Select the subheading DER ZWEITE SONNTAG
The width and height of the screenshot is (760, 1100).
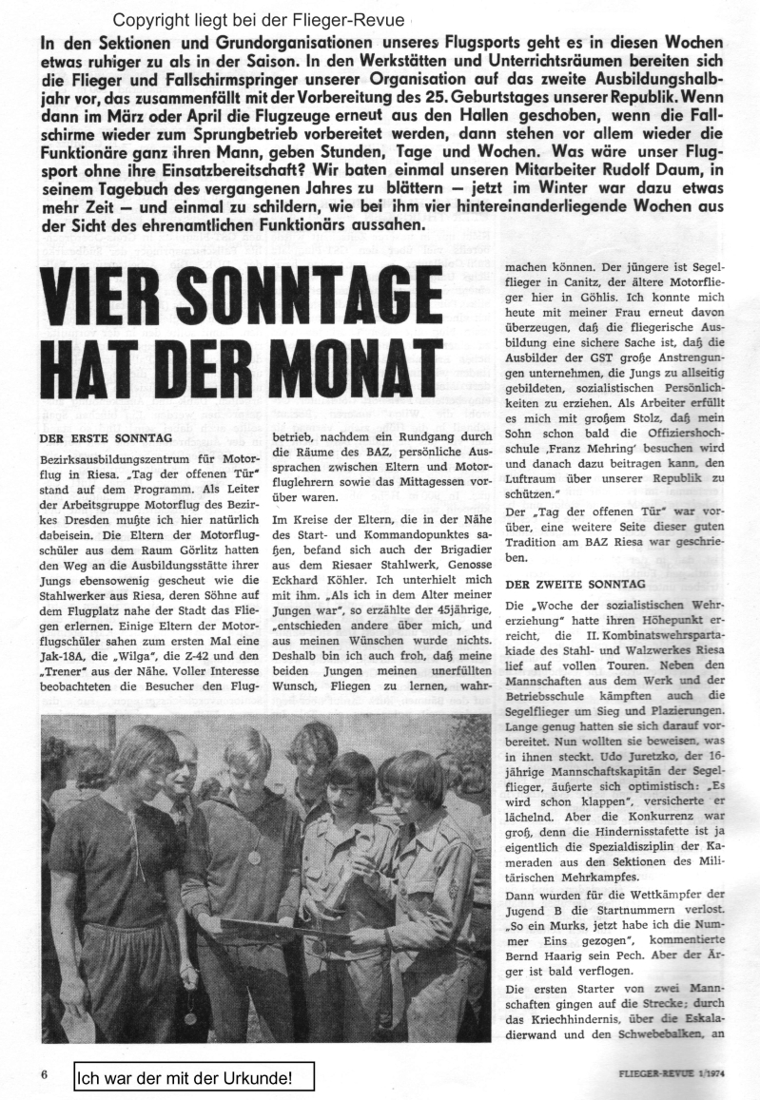[x=576, y=582]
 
